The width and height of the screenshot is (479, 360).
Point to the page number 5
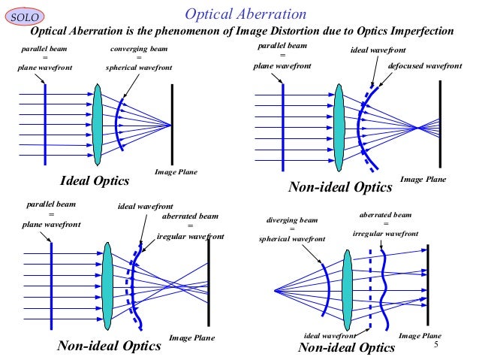435,343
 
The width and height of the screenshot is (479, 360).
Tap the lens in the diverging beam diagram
348,289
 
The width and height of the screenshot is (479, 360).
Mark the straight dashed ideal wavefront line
370,289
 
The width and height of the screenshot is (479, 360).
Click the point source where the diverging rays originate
275,290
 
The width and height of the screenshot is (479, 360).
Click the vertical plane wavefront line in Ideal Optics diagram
45,120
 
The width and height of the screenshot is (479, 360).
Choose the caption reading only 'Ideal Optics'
95,181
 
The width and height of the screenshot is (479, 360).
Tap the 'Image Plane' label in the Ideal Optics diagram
176,172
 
